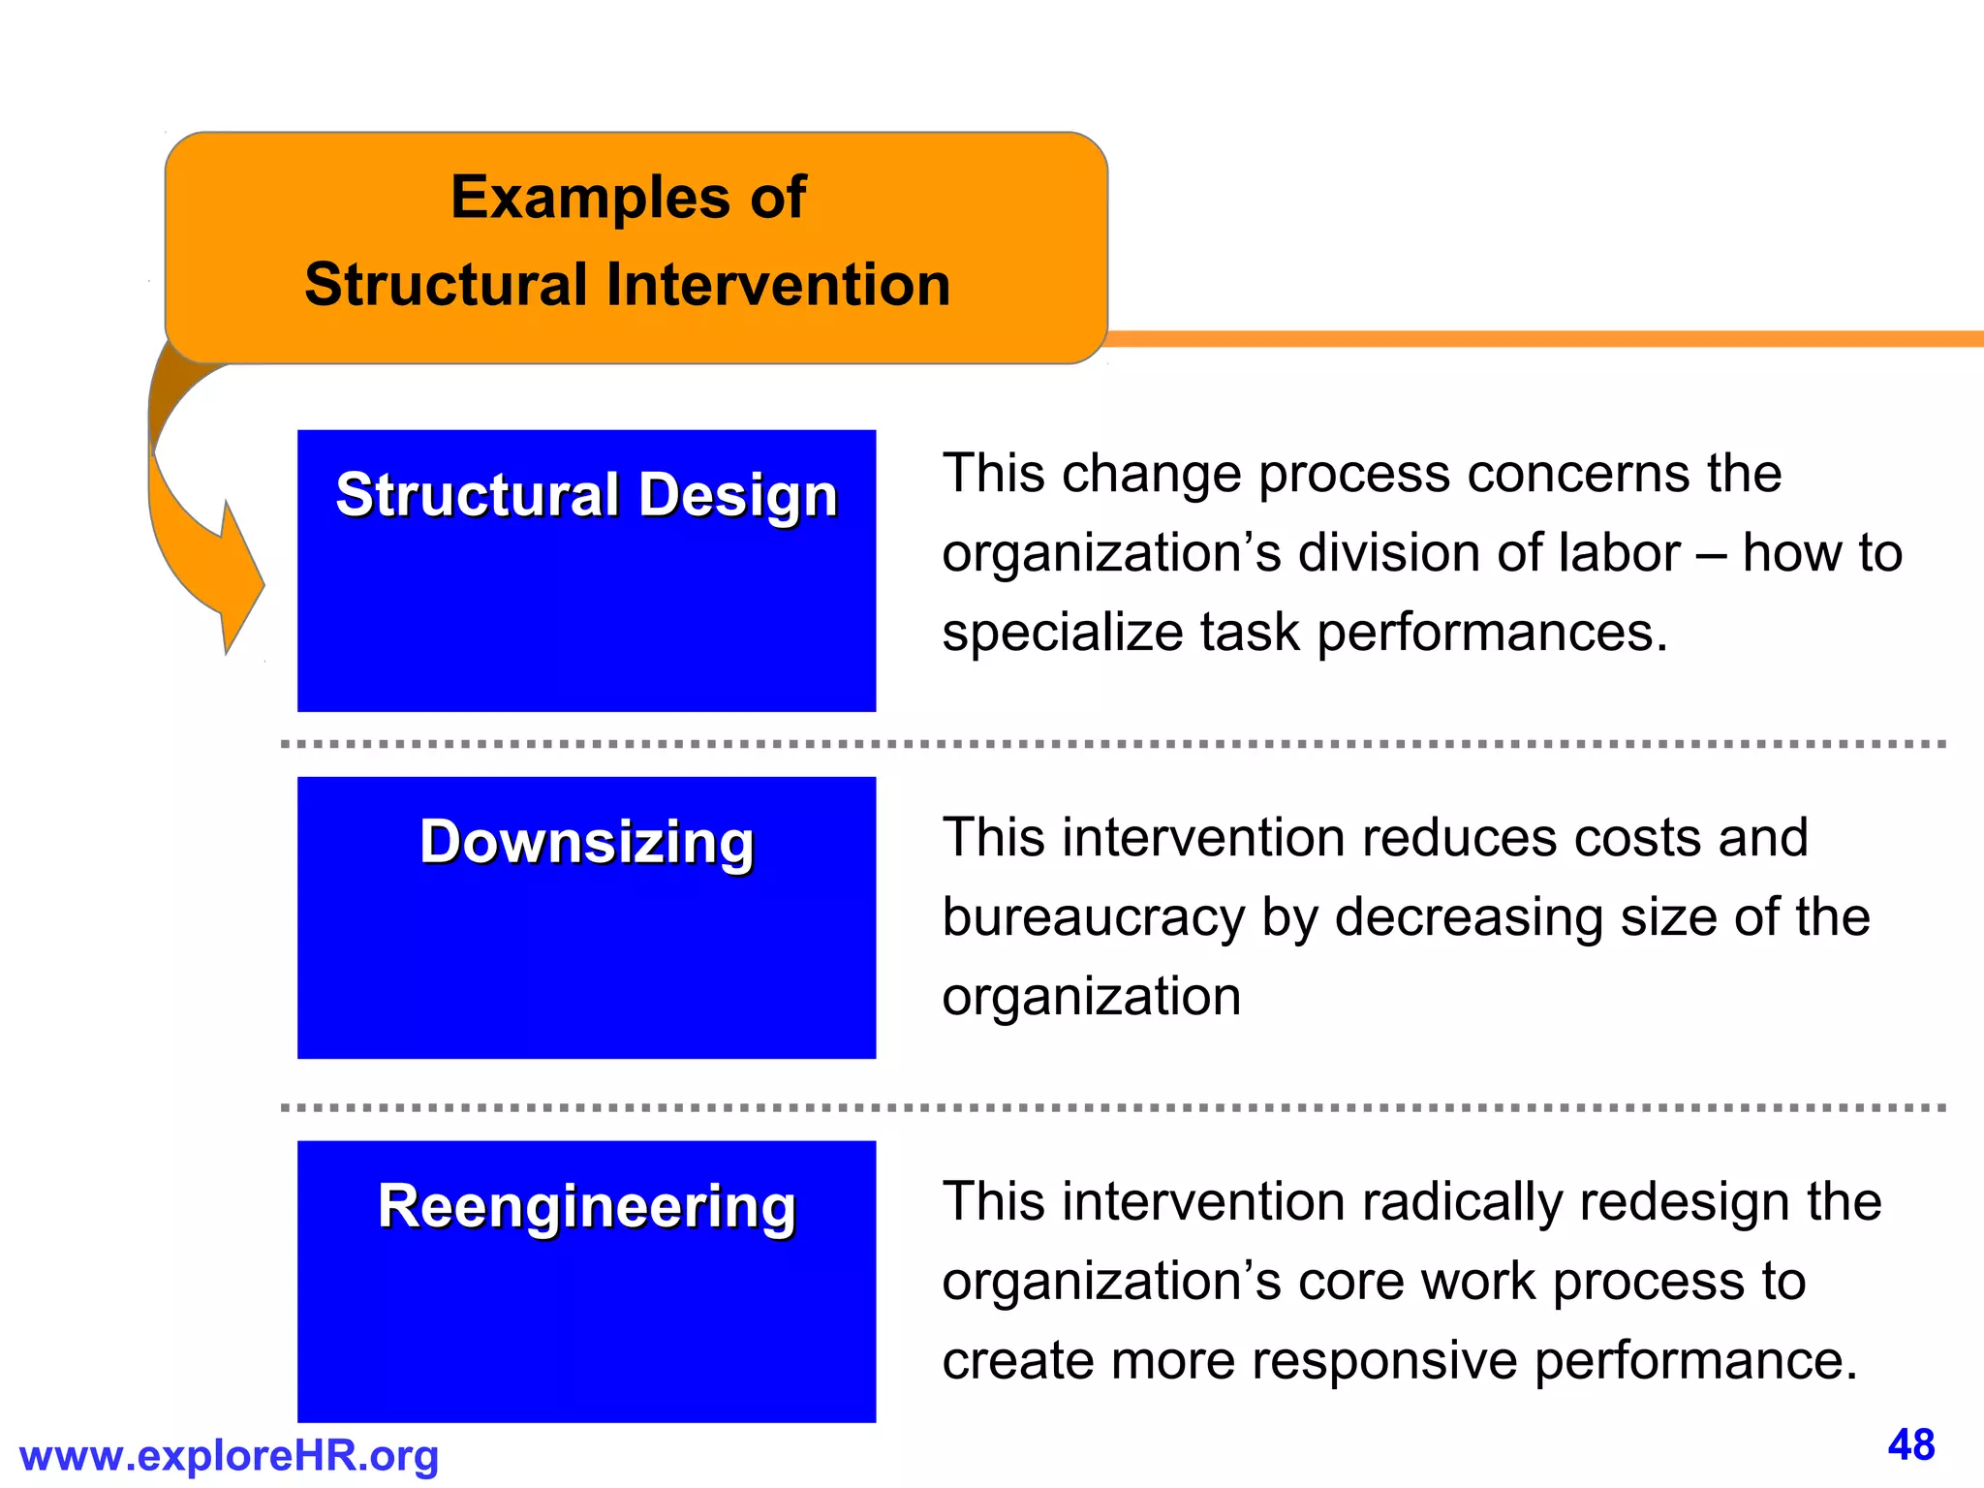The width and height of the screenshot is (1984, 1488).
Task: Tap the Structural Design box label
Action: click(x=586, y=495)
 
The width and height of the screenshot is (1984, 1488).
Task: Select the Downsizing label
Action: click(x=586, y=841)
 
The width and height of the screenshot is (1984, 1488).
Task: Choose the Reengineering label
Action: click(x=586, y=1206)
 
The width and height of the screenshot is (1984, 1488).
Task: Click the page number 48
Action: click(x=1910, y=1445)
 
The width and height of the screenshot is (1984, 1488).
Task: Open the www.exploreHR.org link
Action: click(x=229, y=1456)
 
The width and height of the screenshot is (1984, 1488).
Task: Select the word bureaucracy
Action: click(x=1093, y=917)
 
